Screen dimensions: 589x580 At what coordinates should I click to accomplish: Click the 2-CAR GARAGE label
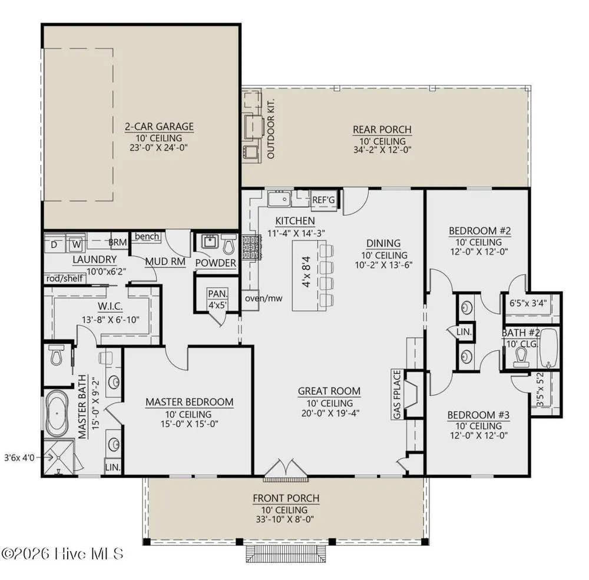tap(159, 127)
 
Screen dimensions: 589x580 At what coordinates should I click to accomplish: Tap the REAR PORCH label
tap(382, 130)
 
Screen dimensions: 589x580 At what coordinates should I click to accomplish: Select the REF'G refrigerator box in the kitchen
tap(323, 200)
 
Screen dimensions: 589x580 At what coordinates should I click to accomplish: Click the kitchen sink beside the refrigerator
tap(279, 198)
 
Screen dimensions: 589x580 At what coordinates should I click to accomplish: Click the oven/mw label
tap(264, 299)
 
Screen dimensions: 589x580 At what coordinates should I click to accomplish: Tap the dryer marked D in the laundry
tap(54, 244)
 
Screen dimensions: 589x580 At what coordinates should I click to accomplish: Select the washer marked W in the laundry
tap(76, 244)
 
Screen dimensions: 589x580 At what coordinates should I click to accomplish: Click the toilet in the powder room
tap(229, 244)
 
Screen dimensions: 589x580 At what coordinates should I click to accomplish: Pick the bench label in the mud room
tap(147, 236)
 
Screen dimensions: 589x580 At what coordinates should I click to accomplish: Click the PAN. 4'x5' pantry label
tap(218, 299)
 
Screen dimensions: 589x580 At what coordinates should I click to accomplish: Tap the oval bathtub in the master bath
tap(58, 413)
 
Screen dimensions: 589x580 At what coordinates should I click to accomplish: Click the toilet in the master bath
tap(56, 356)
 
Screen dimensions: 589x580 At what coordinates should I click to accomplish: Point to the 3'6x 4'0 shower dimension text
tap(19, 458)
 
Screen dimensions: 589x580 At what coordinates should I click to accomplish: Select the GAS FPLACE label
tap(398, 394)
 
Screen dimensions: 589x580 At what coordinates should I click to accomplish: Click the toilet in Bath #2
tap(521, 357)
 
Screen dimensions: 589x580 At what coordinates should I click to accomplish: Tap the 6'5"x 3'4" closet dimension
tap(528, 303)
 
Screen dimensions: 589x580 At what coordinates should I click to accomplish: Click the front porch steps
tap(286, 554)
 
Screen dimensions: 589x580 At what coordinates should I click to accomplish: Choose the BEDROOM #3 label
tap(478, 415)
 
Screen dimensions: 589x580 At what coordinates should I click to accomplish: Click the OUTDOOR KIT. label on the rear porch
tap(271, 129)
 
